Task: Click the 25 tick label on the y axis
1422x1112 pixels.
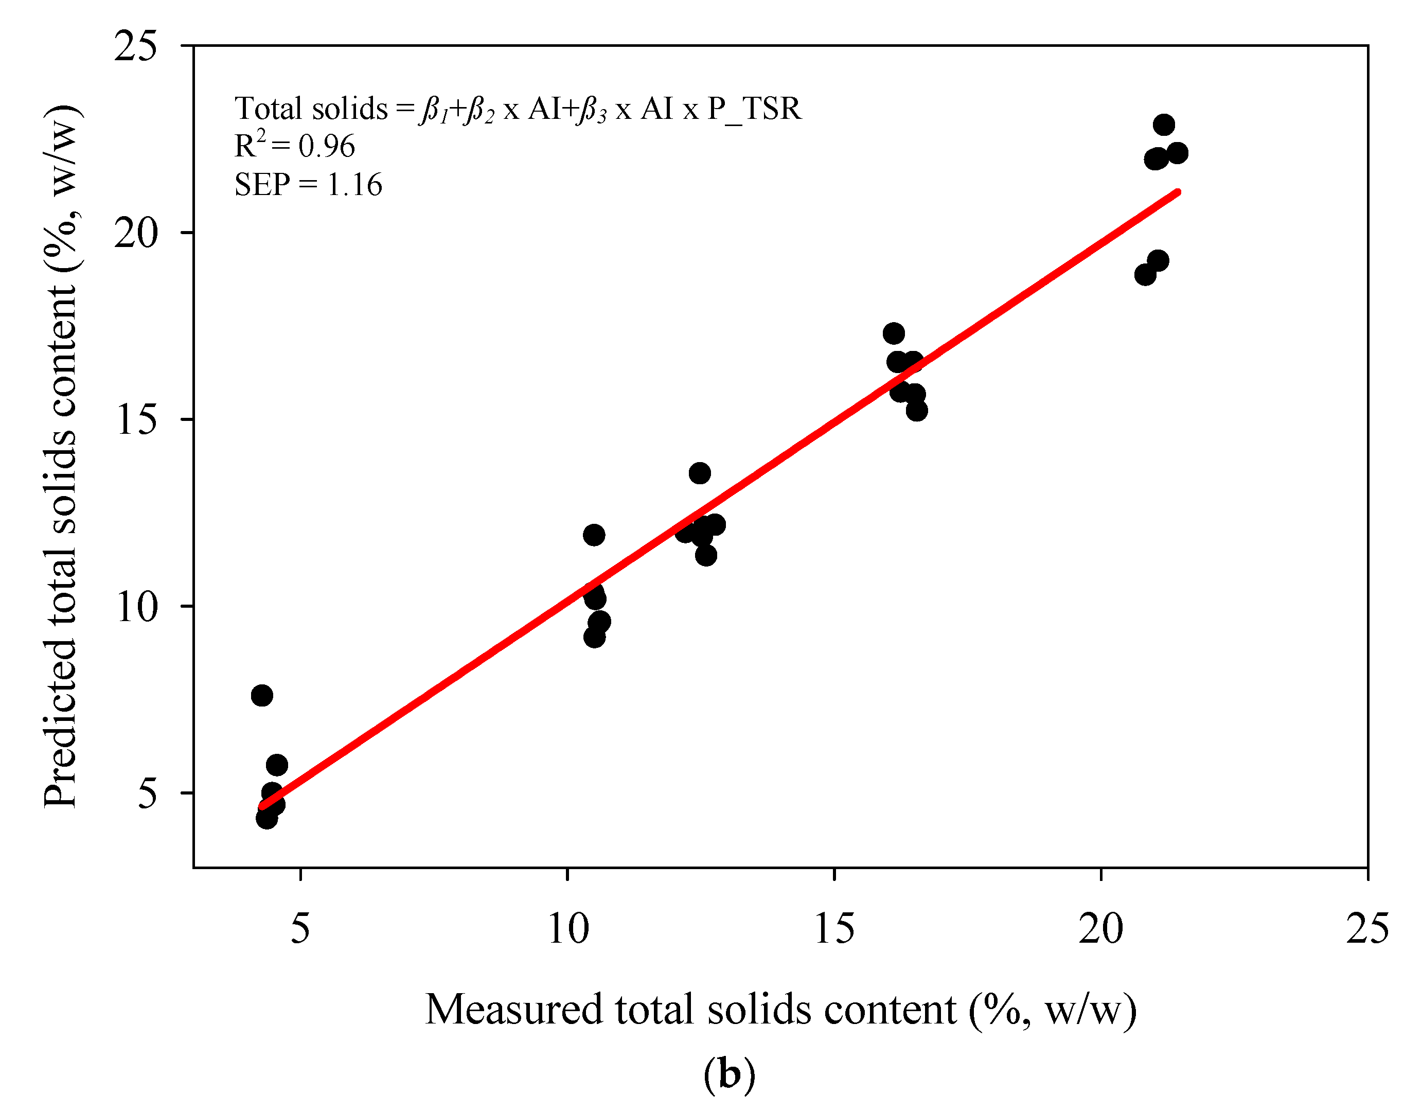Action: click(136, 47)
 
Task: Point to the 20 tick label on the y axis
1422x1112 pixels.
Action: click(136, 233)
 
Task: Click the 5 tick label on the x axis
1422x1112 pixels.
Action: click(300, 928)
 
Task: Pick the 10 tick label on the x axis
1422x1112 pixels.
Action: click(568, 928)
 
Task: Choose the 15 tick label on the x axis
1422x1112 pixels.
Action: click(834, 928)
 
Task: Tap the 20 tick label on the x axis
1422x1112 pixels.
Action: click(1101, 928)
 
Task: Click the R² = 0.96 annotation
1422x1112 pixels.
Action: click(294, 145)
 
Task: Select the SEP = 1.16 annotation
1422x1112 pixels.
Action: click(308, 185)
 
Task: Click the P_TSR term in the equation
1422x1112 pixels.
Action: click(754, 109)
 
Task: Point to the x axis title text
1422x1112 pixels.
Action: click(780, 1010)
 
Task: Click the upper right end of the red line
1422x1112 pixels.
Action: click(1177, 192)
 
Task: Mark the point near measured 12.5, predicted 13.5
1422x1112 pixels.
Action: click(699, 473)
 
